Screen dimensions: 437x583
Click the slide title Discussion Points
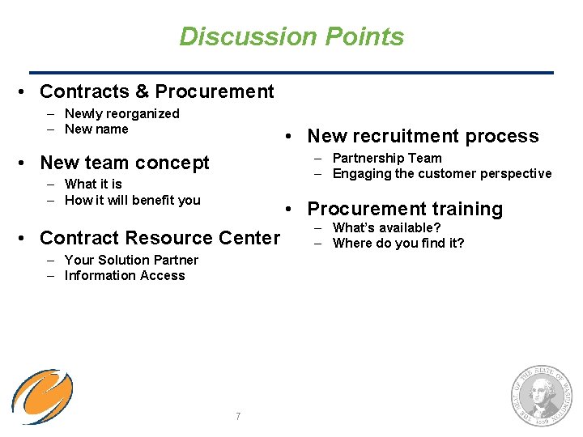pyautogui.click(x=291, y=36)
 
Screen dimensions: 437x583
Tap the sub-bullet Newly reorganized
pyautogui.click(x=121, y=114)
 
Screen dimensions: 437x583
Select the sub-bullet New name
pyautogui.click(x=96, y=129)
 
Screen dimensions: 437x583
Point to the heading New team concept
pyautogui.click(x=124, y=163)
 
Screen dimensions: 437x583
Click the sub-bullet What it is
pyautogui.click(x=93, y=185)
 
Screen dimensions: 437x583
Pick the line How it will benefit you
pyautogui.click(x=132, y=200)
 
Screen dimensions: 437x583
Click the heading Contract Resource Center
pyautogui.click(x=159, y=238)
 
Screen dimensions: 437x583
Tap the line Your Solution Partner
pyautogui.click(x=131, y=260)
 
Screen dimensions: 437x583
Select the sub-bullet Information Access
pyautogui.click(x=125, y=275)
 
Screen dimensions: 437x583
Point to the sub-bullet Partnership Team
pyautogui.click(x=387, y=158)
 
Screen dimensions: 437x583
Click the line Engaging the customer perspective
pyautogui.click(x=442, y=173)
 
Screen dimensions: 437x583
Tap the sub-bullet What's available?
pyautogui.click(x=386, y=227)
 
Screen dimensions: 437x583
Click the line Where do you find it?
pyautogui.click(x=398, y=243)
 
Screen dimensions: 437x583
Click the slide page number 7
pyautogui.click(x=237, y=416)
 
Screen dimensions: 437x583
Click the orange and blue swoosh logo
pyautogui.click(x=42, y=397)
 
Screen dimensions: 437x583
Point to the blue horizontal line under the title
pyautogui.click(x=291, y=73)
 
